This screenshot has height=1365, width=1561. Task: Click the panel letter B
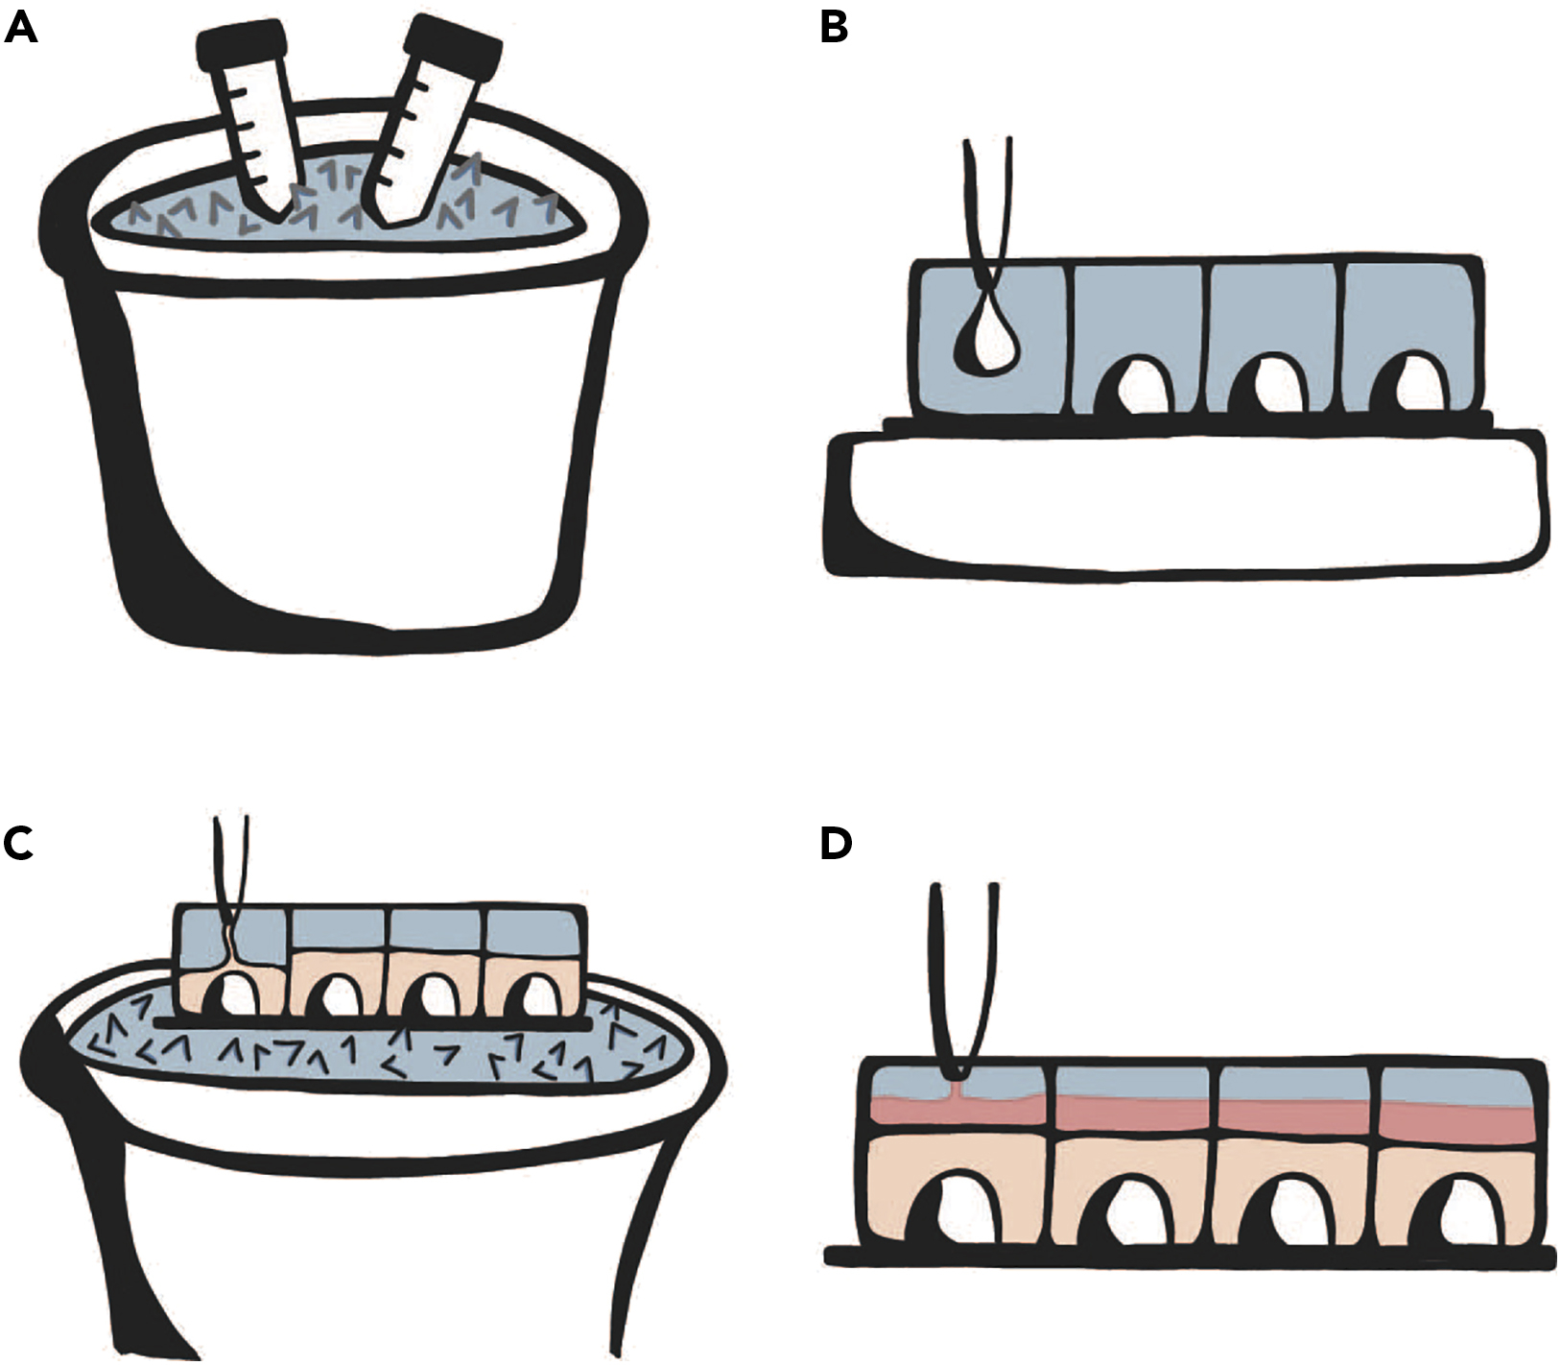point(834,28)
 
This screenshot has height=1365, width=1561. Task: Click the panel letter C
point(19,844)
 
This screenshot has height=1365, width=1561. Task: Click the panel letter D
point(836,844)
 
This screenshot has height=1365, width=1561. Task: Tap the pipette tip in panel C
point(230,922)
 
